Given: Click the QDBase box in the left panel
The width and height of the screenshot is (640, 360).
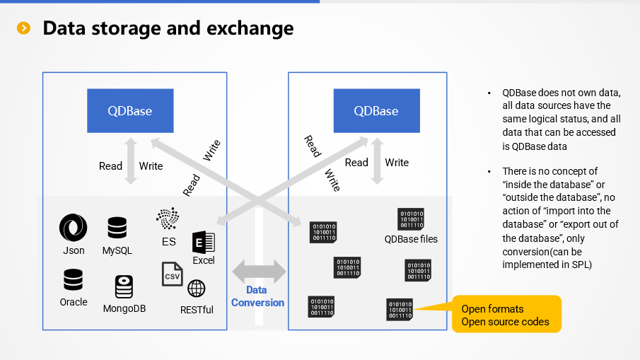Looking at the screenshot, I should click(129, 110).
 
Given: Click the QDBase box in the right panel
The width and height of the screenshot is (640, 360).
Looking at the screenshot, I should click(376, 110).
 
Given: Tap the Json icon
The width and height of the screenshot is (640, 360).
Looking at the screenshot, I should click(73, 228).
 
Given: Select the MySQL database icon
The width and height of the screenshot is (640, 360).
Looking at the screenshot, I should click(117, 228).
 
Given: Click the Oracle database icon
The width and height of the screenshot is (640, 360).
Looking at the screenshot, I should click(73, 280).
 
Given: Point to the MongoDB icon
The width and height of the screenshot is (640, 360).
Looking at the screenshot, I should click(124, 287).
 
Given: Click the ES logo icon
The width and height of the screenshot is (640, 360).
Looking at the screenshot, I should click(168, 219).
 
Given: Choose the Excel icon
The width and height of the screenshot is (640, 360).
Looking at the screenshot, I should click(203, 243).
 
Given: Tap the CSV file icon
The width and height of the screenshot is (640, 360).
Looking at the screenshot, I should click(172, 274).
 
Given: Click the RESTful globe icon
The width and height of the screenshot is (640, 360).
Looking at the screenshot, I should click(197, 289).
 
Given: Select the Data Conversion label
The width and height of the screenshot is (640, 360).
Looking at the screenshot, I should click(257, 296).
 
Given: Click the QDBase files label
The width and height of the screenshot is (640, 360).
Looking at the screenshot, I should click(411, 239).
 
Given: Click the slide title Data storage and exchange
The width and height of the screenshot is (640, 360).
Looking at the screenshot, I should click(168, 28).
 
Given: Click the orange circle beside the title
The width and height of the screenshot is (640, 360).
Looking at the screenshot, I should click(25, 28).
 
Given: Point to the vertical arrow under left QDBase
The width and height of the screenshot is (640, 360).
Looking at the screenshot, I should click(130, 162).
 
